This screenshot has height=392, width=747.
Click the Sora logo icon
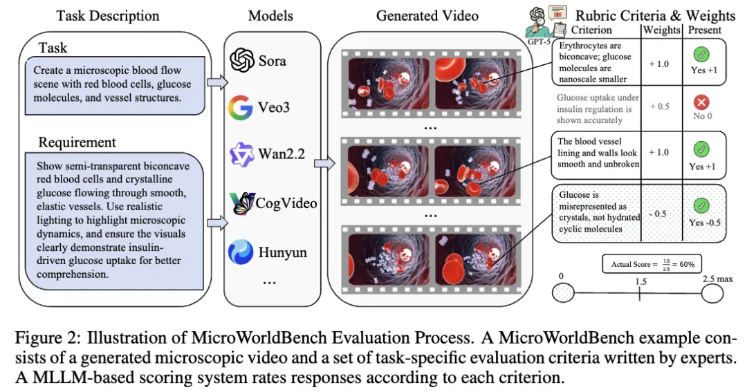[242, 60]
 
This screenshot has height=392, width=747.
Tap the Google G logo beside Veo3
[241, 107]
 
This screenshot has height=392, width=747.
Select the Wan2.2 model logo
[241, 154]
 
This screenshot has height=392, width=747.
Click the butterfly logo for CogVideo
[241, 203]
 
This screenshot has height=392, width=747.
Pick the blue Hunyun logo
[241, 252]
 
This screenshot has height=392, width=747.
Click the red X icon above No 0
[701, 102]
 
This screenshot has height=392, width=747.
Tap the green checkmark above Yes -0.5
[701, 206]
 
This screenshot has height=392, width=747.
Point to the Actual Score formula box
[652, 264]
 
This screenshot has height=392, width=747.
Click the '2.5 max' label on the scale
[717, 279]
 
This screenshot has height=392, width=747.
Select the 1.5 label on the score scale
[640, 281]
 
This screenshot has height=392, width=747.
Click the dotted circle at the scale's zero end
[563, 293]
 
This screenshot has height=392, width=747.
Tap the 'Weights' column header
[661, 30]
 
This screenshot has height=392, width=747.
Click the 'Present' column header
[705, 30]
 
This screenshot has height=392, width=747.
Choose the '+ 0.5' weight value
[660, 106]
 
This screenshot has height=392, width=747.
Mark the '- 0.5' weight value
[658, 214]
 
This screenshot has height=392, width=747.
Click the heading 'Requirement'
[77, 142]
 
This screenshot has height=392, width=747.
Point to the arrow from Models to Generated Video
[324, 163]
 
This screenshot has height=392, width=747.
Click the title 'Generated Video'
[427, 16]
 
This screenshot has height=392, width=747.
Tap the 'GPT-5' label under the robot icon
[539, 41]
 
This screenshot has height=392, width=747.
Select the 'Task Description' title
[108, 16]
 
